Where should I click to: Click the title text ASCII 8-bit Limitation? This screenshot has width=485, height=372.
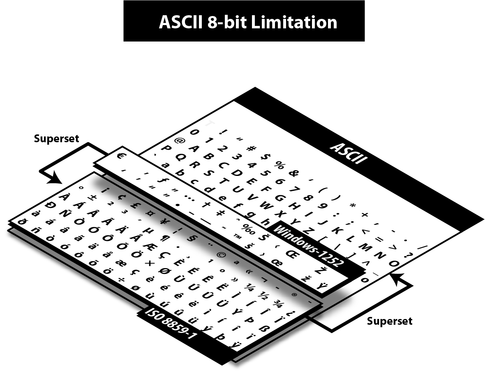point(248,22)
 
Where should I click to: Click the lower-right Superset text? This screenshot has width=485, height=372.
point(390,321)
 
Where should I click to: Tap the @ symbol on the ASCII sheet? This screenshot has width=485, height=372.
point(180,141)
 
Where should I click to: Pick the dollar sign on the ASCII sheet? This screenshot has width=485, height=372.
point(265,157)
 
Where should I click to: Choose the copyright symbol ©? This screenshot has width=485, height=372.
point(222,255)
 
